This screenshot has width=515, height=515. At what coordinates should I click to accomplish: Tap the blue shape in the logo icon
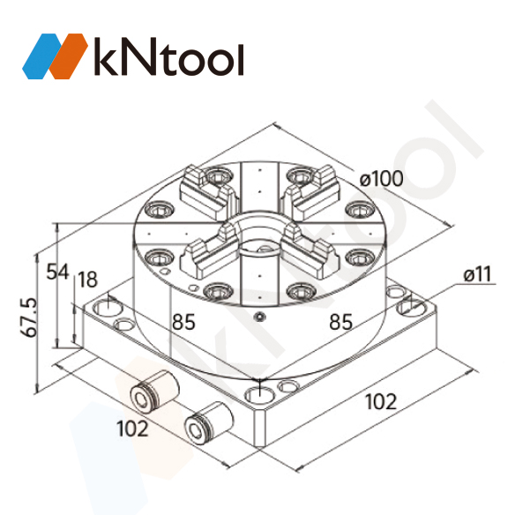coord(44,56)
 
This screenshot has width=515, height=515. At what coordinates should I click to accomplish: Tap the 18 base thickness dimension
coord(87,280)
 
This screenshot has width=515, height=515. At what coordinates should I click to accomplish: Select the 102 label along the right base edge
coord(380,402)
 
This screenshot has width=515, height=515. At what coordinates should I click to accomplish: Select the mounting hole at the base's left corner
coord(107,306)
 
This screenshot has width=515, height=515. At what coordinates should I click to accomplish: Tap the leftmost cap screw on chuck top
coord(158,258)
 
